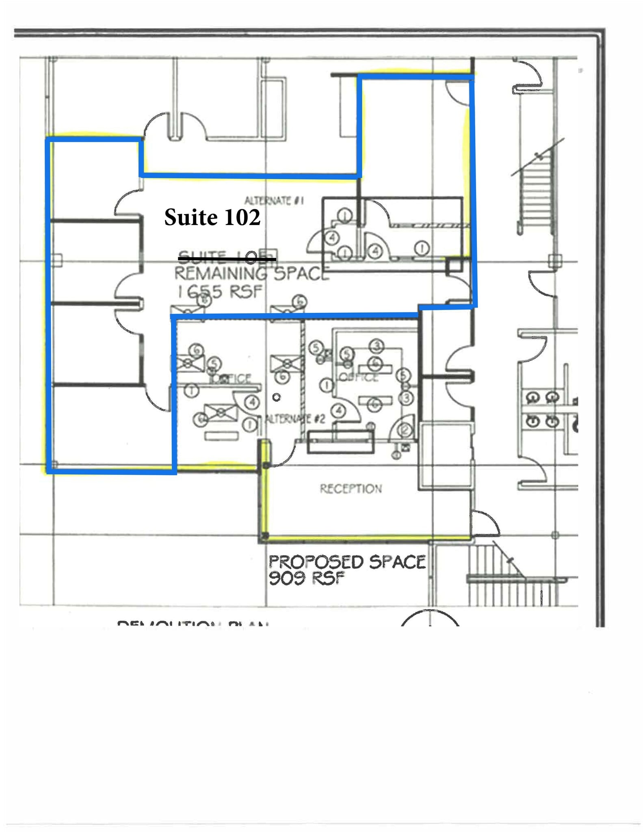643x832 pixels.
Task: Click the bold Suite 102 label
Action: coord(212,217)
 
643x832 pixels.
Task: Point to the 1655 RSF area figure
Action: coord(220,291)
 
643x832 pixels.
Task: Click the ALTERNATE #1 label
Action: coord(274,201)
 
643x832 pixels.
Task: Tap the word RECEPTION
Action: coord(351,488)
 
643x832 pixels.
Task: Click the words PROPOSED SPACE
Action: coord(347,562)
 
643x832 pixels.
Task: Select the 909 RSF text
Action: coord(307,578)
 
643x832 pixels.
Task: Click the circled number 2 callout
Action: coord(406,430)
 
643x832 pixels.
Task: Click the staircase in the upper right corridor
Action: coord(535,191)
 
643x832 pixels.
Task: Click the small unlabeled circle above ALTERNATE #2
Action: coord(277,397)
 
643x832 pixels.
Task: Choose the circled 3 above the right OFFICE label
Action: coord(377,346)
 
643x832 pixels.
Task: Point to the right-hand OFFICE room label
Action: coord(358,377)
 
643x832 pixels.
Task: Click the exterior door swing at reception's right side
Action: coord(485,522)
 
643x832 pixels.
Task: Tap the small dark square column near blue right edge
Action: coord(454,266)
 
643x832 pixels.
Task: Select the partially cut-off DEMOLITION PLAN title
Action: coord(193,622)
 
